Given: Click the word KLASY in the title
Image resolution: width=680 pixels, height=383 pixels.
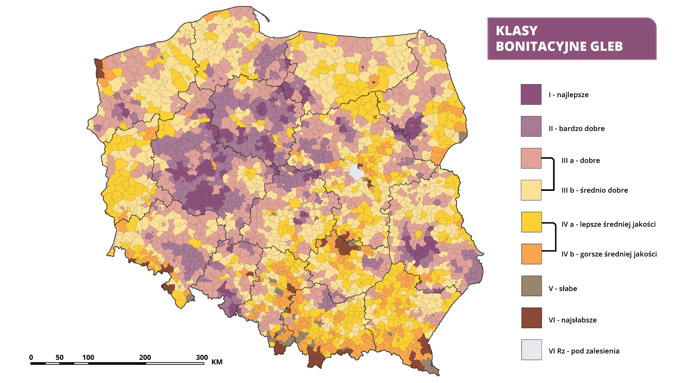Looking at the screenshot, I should click(516, 31).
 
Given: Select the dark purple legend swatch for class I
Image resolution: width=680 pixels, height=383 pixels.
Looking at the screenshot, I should click(531, 94).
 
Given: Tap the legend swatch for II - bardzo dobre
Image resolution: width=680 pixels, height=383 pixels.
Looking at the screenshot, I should click(531, 126).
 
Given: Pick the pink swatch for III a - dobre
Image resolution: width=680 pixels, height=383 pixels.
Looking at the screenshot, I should click(531, 158).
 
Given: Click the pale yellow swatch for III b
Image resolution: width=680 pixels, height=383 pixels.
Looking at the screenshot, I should click(531, 190).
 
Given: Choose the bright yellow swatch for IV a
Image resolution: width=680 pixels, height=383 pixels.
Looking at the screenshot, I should click(531, 222).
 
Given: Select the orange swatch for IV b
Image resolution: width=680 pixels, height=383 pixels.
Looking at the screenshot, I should click(531, 254).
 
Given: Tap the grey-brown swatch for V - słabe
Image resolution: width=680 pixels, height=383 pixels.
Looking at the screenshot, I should click(531, 286).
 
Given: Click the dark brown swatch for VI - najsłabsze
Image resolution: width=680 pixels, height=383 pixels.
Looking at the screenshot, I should click(531, 318).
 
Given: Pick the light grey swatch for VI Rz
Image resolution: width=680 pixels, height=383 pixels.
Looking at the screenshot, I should click(531, 350).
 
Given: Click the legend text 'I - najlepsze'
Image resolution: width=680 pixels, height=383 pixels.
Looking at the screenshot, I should click(568, 95).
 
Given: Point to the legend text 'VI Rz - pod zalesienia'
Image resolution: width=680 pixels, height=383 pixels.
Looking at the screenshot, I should click(584, 351).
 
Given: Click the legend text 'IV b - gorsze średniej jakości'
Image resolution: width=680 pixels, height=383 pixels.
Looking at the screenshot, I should click(609, 254).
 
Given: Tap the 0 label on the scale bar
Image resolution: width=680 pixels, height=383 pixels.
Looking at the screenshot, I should click(31, 357).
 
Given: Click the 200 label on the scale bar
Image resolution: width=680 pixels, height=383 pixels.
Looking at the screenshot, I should click(145, 357).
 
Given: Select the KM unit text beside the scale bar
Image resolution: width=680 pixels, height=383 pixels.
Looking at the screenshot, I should click(217, 362).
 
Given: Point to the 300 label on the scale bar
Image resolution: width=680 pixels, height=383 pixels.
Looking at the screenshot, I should click(202, 357).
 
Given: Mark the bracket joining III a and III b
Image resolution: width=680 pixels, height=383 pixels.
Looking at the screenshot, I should click(553, 174).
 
